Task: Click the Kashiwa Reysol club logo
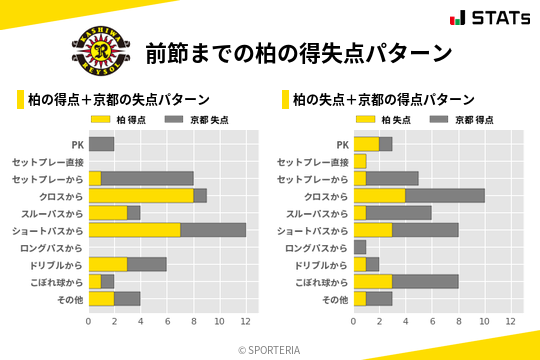(x=99, y=51)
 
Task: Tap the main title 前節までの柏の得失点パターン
(x=298, y=52)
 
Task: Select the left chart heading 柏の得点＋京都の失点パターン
(x=118, y=99)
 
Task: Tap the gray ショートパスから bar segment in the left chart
(x=213, y=230)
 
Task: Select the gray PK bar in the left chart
(x=101, y=144)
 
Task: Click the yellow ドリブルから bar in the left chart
(x=108, y=264)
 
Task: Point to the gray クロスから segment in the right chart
(x=445, y=195)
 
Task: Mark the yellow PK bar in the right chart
(x=366, y=144)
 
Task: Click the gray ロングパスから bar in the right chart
(x=360, y=247)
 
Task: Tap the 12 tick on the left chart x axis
(x=245, y=321)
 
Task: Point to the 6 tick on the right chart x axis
(x=432, y=321)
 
